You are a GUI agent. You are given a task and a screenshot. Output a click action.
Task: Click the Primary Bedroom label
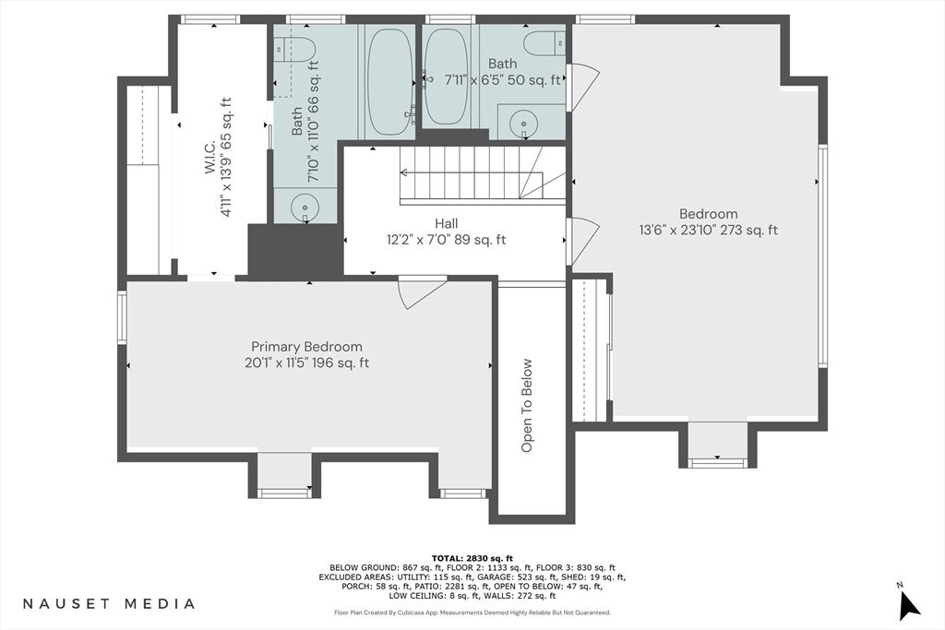click(x=306, y=347)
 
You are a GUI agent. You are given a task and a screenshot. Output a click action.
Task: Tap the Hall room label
click(x=446, y=224)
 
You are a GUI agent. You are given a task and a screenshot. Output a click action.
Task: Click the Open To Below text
click(x=527, y=405)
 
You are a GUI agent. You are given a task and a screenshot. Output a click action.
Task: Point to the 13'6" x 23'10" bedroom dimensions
click(x=709, y=230)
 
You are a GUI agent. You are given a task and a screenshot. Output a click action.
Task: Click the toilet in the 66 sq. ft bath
click(x=295, y=49)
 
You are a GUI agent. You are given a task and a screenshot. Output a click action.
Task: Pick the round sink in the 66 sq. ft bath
click(x=305, y=208)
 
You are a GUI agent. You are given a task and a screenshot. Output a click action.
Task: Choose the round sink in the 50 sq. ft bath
click(x=523, y=125)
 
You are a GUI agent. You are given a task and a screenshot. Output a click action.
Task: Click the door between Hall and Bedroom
click(x=582, y=241)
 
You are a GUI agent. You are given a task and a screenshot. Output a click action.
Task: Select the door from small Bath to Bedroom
click(x=582, y=87)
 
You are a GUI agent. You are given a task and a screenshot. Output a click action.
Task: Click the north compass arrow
click(x=908, y=605)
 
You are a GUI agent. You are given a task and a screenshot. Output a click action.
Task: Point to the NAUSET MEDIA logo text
click(x=109, y=603)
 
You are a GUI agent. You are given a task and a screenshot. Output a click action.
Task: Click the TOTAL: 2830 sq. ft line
click(x=472, y=558)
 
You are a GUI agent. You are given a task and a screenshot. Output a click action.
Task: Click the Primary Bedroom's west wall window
click(x=122, y=317)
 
